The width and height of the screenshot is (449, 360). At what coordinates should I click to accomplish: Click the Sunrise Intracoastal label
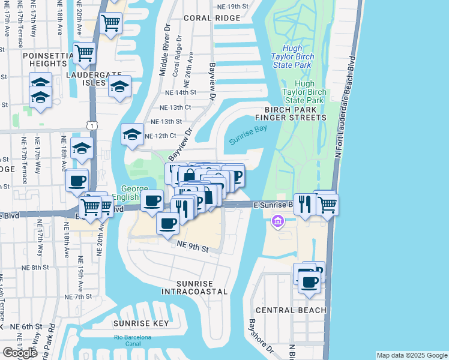pos(194,287)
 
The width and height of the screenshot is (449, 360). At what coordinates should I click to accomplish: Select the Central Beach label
pos(291,310)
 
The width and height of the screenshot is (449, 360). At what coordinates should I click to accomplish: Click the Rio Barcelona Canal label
pos(133,341)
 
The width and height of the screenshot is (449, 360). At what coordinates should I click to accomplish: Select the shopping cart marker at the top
pos(110,23)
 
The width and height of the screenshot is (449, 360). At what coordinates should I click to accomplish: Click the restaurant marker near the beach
pos(305,203)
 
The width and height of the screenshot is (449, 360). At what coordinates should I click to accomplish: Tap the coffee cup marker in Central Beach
pos(310,281)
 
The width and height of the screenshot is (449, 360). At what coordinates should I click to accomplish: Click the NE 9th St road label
pos(192,245)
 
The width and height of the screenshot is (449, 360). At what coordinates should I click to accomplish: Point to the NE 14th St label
pos(178,92)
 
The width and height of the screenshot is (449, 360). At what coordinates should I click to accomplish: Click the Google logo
pos(20,353)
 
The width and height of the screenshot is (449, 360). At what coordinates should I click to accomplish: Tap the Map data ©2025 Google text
pos(412,355)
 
